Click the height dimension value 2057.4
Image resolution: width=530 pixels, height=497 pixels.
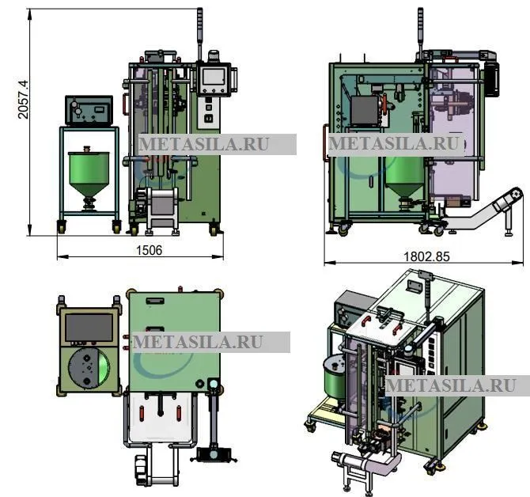point(23,99)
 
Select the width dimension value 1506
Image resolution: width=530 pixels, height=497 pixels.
point(149,250)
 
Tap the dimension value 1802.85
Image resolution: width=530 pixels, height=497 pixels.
point(427,256)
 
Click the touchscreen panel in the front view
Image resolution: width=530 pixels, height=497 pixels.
point(214,79)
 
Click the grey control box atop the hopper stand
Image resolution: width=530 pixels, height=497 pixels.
point(89,110)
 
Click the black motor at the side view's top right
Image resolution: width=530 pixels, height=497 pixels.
point(491,78)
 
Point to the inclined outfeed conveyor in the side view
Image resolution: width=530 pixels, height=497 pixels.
point(484,211)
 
